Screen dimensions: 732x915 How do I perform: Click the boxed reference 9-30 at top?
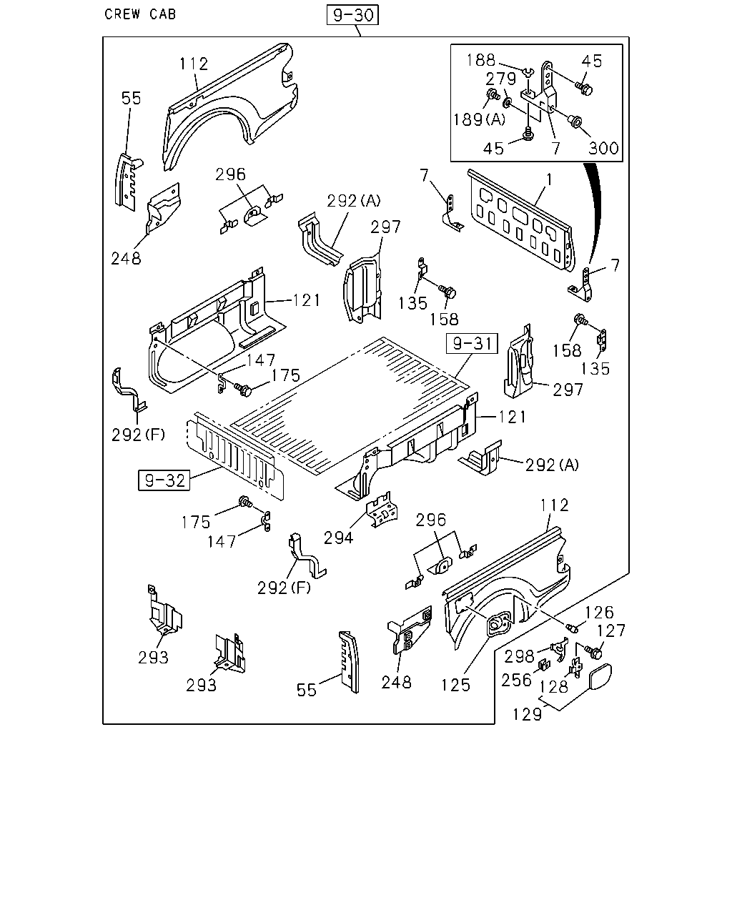352,15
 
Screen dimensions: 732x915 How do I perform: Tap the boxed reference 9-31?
472,343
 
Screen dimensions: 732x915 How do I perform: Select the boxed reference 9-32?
164,480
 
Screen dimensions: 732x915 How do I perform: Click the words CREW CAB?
140,14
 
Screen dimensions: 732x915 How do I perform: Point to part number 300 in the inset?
603,148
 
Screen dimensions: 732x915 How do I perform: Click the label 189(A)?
479,120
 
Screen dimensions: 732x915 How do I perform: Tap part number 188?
481,60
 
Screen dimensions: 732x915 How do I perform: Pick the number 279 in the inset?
501,79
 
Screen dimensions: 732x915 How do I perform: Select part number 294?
339,538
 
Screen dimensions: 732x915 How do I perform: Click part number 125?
455,685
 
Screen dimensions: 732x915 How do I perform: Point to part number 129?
528,714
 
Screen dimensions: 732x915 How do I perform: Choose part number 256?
516,681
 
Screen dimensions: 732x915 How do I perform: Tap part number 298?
519,656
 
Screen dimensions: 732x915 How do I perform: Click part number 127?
611,630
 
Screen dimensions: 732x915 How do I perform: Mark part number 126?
599,613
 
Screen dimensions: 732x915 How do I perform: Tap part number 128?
554,687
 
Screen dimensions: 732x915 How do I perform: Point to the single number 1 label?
549,180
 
